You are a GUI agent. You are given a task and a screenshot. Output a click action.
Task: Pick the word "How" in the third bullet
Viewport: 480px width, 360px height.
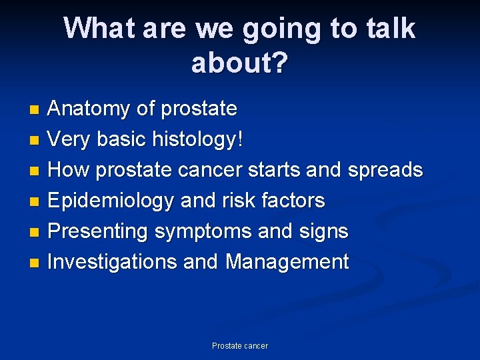[69, 170]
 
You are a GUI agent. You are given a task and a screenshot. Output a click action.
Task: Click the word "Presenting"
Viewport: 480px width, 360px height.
[99, 231]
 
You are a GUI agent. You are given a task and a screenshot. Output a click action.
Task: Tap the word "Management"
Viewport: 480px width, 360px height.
[287, 262]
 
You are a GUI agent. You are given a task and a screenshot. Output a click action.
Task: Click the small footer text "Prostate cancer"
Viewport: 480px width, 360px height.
[240, 346]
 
